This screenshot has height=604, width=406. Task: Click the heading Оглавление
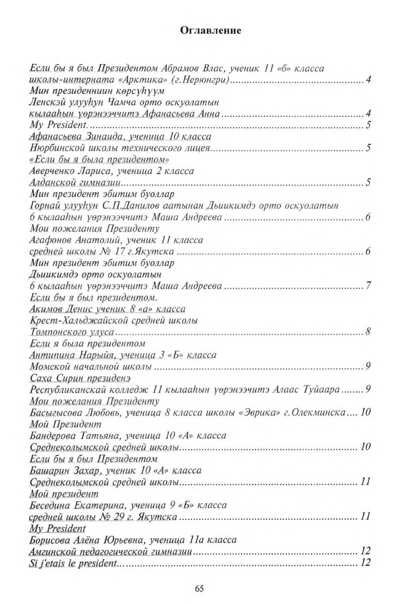click(x=211, y=30)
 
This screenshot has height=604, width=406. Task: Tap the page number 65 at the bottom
click(x=199, y=588)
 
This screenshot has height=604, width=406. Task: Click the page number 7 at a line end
click(x=368, y=286)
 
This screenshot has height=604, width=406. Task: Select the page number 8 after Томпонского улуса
click(x=368, y=332)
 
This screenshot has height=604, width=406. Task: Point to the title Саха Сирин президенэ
click(x=80, y=378)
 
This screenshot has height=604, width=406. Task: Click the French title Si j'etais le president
click(x=73, y=563)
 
